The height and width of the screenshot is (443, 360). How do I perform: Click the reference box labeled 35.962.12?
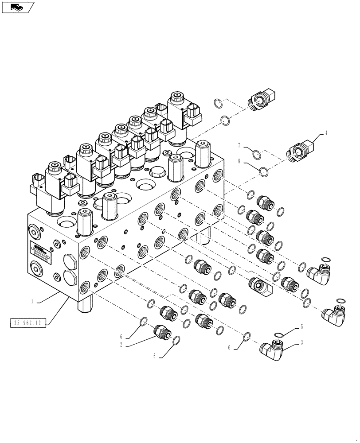click(27, 323)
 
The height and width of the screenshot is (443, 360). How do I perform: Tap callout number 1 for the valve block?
click(32, 301)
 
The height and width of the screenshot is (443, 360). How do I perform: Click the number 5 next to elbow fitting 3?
click(302, 327)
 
